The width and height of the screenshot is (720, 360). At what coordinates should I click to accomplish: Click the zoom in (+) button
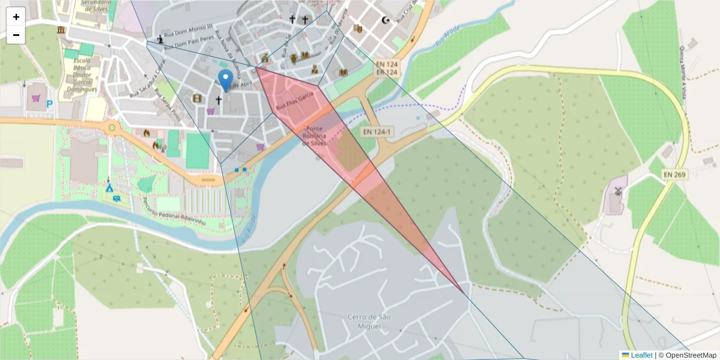coord(16,17)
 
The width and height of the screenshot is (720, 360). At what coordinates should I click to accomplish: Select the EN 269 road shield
coord(675,174)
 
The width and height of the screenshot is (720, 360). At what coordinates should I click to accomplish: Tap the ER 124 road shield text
coord(387,73)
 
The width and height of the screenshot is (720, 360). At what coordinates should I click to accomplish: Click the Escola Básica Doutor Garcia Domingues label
coord(81,75)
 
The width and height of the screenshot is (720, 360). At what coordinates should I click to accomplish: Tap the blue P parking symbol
coord(50,104)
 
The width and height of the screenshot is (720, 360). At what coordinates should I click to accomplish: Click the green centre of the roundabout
coord(112,127)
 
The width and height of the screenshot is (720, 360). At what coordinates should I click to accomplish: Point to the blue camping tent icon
coord(110,187)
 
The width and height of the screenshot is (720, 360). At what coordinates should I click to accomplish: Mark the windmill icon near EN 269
coord(617,193)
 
